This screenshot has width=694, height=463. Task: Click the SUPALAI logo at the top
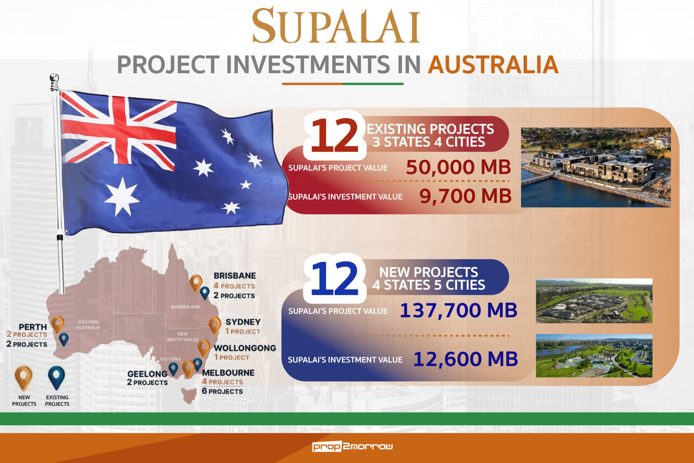336,25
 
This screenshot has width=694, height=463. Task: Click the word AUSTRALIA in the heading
493,65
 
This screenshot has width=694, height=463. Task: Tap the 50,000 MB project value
458,167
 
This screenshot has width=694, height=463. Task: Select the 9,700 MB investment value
465,196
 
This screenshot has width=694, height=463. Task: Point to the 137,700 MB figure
458,310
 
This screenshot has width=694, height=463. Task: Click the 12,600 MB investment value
465,359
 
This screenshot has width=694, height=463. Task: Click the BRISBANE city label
235,276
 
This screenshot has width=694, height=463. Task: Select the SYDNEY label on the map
243,322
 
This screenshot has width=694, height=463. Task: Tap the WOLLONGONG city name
245,348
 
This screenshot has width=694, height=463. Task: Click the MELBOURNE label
228,373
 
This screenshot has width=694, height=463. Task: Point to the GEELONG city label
147,374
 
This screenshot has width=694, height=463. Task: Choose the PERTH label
33,327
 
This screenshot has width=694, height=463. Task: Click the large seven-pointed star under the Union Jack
122,197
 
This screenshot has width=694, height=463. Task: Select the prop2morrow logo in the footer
352,446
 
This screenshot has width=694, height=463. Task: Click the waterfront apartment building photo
596,167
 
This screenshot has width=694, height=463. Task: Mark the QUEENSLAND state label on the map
185,307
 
